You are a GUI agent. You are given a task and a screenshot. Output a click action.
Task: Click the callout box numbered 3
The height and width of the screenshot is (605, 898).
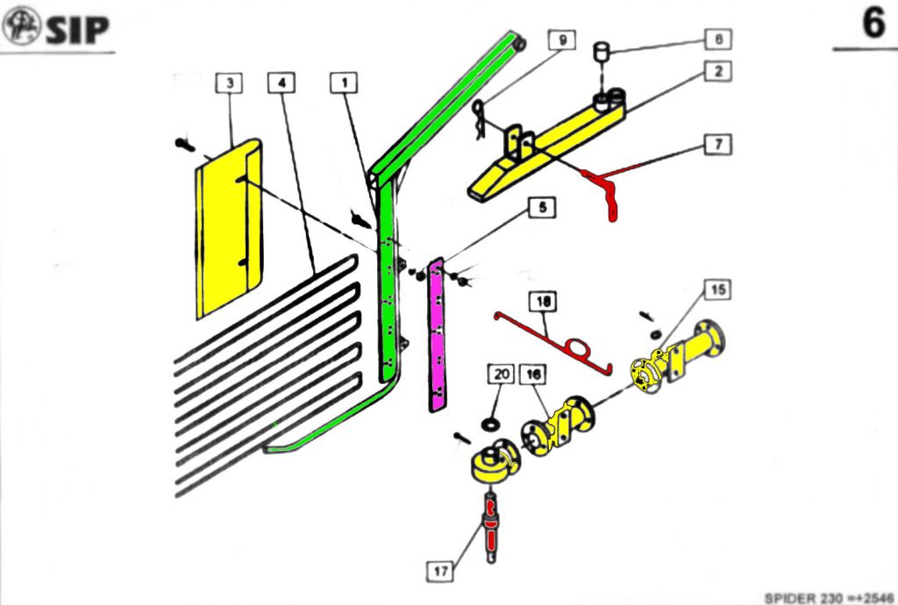click(x=230, y=83)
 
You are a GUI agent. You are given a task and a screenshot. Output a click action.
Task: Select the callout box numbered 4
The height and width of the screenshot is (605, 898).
click(x=282, y=83)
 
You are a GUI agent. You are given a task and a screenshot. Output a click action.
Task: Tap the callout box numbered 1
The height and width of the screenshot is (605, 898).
click(x=345, y=83)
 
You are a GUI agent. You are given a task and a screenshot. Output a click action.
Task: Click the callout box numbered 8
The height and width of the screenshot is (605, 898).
click(x=717, y=39)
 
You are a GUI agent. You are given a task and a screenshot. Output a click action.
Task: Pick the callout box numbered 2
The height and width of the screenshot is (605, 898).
click(x=717, y=72)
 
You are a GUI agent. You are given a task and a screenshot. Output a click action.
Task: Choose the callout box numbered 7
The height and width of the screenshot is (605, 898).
click(x=717, y=143)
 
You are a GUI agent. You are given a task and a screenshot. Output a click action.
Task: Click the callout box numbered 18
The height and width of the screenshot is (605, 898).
click(x=545, y=301)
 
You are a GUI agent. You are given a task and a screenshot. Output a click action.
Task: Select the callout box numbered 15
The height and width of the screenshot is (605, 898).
click(x=717, y=289)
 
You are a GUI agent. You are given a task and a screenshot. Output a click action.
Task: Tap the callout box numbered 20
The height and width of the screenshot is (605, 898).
click(x=501, y=374)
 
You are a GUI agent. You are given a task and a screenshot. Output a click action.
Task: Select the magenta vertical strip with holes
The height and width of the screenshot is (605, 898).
click(x=436, y=333)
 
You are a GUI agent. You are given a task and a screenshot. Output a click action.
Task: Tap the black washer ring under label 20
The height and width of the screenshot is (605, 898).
click(x=489, y=424)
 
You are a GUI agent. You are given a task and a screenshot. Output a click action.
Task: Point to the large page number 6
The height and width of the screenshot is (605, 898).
click(x=873, y=24)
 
